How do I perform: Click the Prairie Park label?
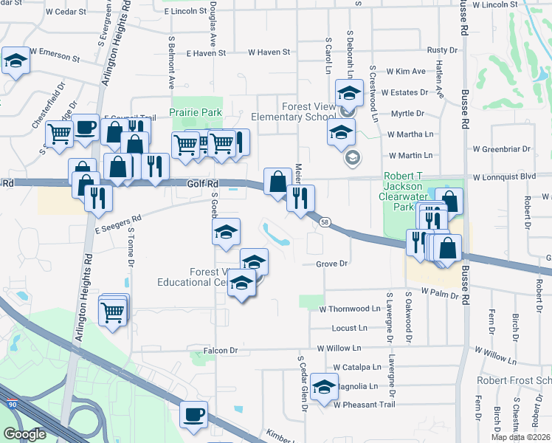coord(196,111)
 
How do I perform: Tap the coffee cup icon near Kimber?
coord(194,414)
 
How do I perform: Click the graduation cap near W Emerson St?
coord(14,61)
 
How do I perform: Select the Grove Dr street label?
coord(331,264)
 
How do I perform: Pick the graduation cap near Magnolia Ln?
coord(324,387)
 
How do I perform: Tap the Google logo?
coord(24,434)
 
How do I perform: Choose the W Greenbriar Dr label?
coord(501,149)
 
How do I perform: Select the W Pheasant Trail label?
coord(364,405)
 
